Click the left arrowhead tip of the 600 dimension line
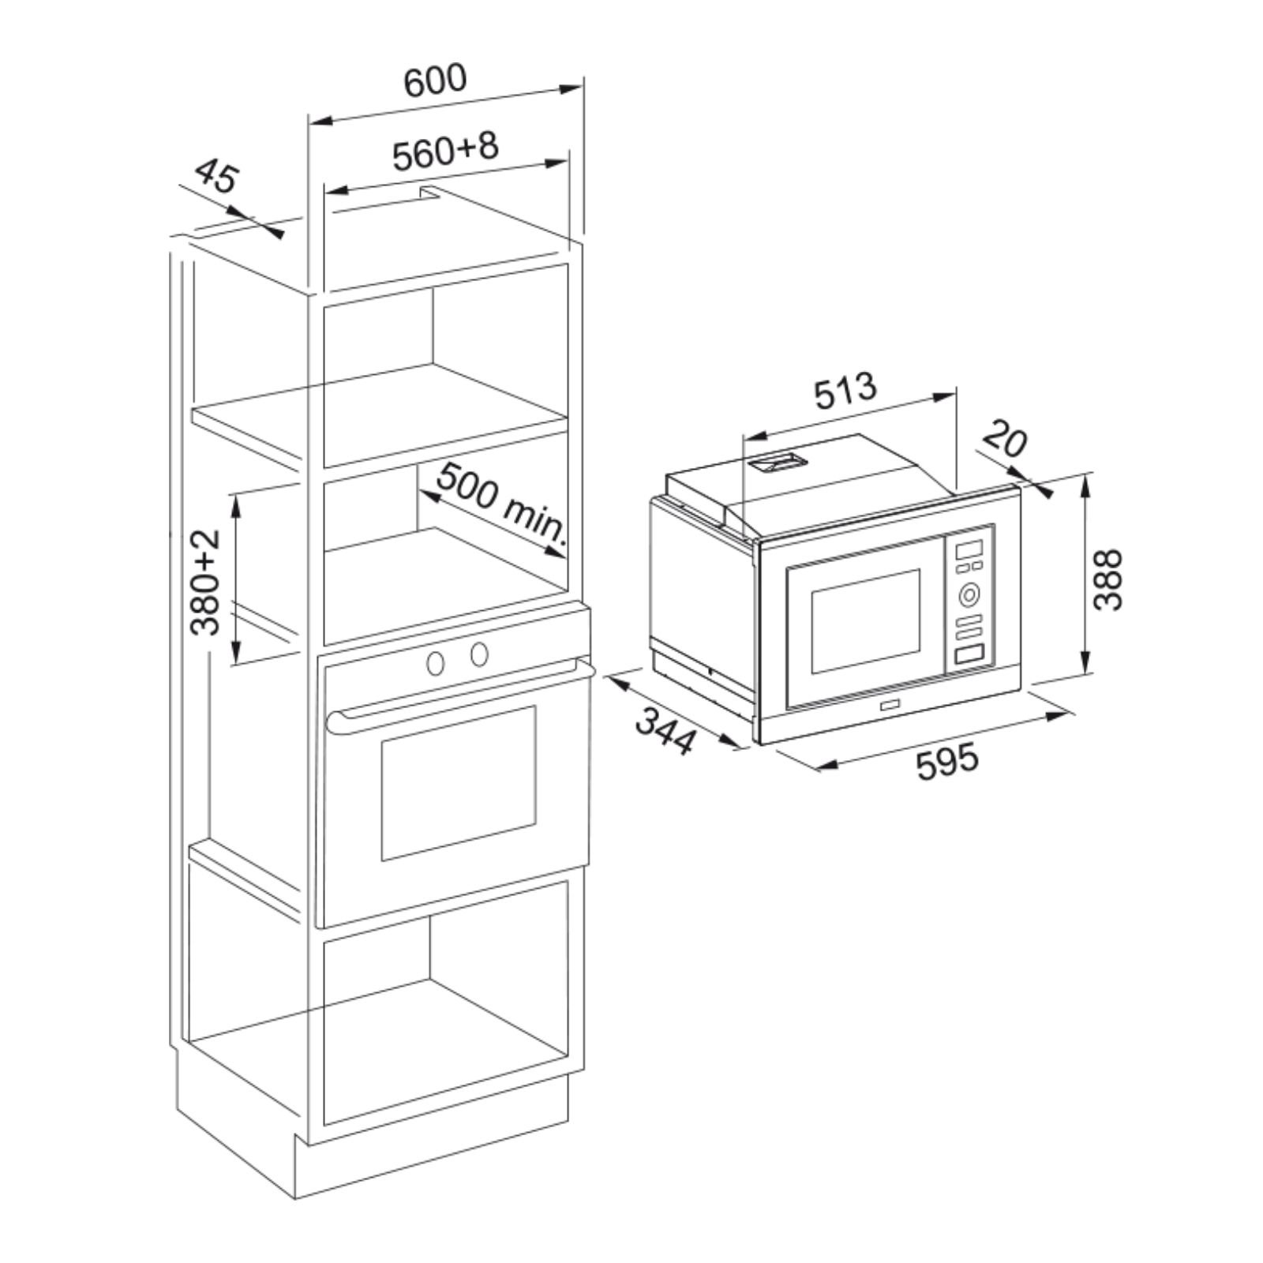point(309,122)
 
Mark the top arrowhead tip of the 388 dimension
point(1086,475)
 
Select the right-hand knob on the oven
point(478,654)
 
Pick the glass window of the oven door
point(459,782)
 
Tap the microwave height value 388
point(1109,579)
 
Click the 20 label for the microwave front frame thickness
point(1004,440)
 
